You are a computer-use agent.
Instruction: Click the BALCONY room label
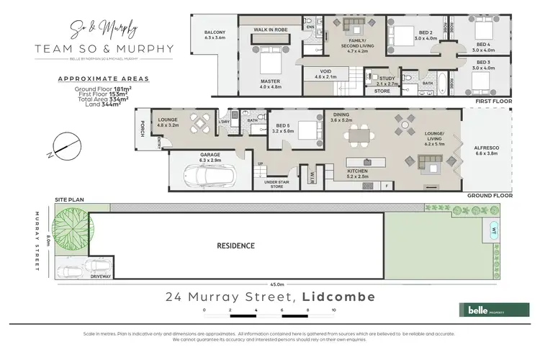tap(215, 33)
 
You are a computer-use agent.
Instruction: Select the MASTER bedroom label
tap(270, 81)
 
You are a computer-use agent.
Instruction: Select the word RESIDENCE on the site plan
tap(236, 246)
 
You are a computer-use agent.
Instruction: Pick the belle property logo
tap(486, 309)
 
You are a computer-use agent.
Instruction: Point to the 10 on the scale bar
tap(333, 310)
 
